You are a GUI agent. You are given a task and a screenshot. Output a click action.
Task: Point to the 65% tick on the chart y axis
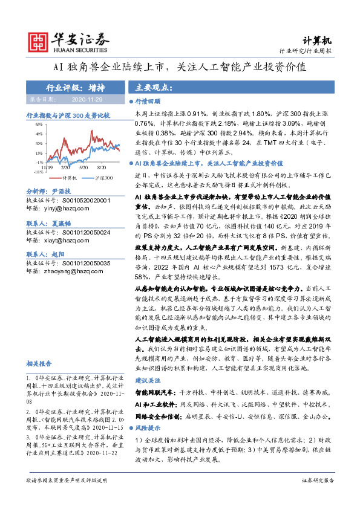(x=38, y=124)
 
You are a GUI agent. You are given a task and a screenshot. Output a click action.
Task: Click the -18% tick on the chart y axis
(x=38, y=172)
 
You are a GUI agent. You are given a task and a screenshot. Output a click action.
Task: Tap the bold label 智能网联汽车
(x=154, y=392)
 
